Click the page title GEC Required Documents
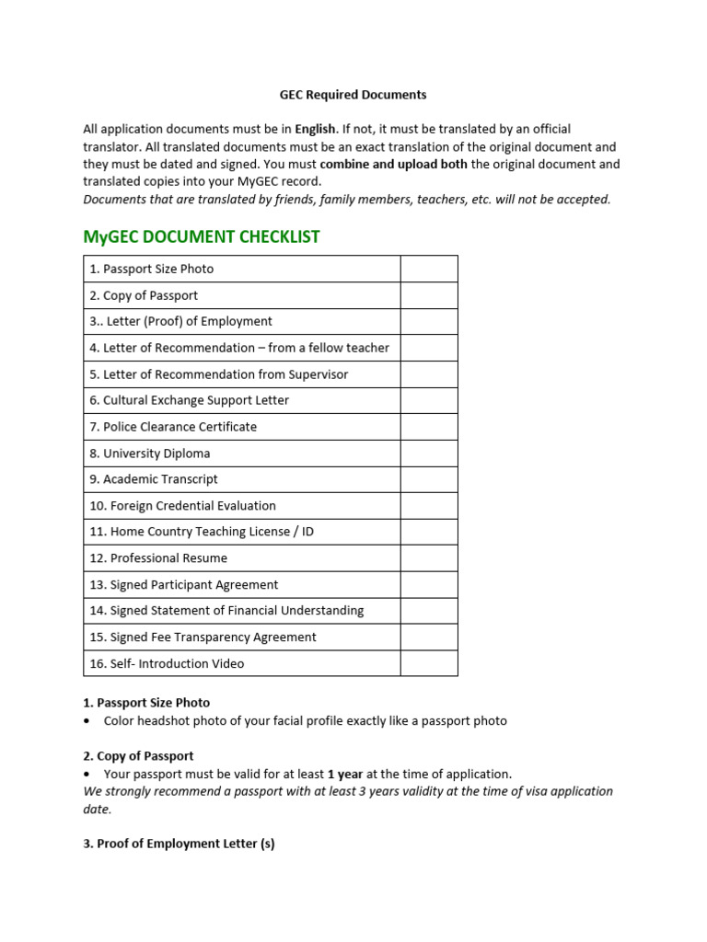[x=353, y=94]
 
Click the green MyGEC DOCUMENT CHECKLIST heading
[x=202, y=236]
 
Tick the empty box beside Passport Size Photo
[x=428, y=269]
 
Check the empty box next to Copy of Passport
[x=428, y=295]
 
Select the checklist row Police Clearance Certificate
[x=180, y=427]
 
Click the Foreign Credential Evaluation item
[x=182, y=506]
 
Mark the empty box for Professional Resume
[x=428, y=558]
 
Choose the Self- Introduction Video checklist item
[x=167, y=663]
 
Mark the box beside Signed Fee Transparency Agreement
[x=428, y=637]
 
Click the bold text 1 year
[x=345, y=774]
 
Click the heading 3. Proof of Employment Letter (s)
[x=179, y=844]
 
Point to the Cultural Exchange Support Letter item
[x=189, y=400]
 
